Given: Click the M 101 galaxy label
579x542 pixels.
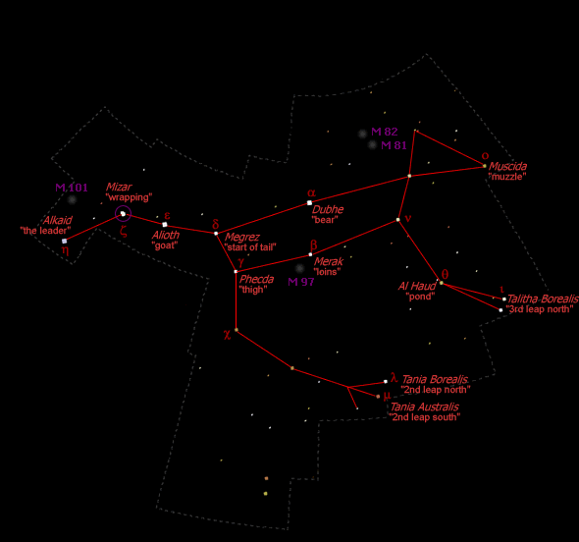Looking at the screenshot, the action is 72,188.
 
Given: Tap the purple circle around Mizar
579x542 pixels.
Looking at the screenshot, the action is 123,206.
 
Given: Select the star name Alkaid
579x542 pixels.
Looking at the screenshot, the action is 58,220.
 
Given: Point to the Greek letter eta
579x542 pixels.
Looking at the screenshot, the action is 66,250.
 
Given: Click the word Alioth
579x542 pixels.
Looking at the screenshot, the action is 166,235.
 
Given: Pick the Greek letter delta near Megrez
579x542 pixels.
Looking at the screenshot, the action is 216,224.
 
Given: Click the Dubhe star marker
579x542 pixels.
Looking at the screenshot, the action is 309,203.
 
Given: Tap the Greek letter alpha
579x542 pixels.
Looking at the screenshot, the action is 311,192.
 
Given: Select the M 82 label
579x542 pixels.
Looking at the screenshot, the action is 385,132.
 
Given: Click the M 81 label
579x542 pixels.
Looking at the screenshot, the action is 394,145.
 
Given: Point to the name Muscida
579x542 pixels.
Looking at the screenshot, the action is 507,166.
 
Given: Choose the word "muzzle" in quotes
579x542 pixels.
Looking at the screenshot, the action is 507,177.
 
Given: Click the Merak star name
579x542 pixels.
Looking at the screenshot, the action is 329,261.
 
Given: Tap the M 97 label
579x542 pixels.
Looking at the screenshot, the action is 301,282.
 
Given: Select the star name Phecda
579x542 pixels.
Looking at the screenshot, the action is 257,279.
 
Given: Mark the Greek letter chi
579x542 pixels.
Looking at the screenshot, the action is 227,335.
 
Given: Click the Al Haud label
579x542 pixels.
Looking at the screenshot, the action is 417,286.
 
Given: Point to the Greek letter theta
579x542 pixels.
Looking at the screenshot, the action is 445,274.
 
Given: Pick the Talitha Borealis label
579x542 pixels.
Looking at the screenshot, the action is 543,298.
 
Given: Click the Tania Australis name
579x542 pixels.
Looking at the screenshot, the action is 425,406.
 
